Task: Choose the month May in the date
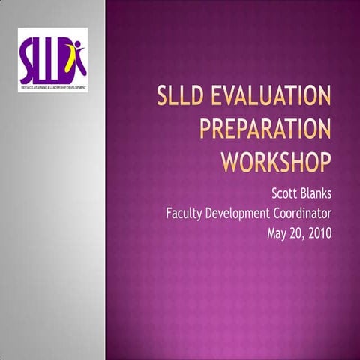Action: pyautogui.click(x=279, y=232)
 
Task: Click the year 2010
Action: pyautogui.click(x=322, y=232)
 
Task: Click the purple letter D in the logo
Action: pyautogui.click(x=64, y=64)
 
